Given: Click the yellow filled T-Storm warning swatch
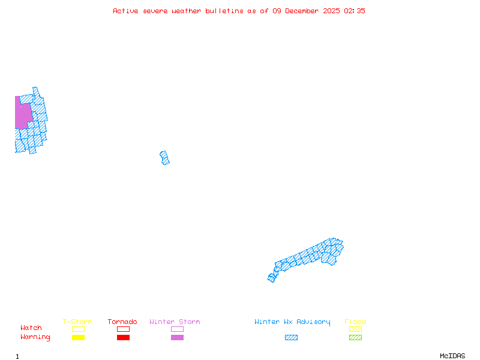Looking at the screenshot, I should pyautogui.click(x=78, y=338).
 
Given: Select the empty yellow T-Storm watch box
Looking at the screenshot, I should pyautogui.click(x=78, y=329).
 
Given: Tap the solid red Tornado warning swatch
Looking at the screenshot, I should pyautogui.click(x=123, y=338).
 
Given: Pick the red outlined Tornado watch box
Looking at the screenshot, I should pyautogui.click(x=123, y=329).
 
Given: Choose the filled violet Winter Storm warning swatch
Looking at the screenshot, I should pyautogui.click(x=177, y=338).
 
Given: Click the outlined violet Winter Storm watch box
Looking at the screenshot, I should pyautogui.click(x=177, y=329).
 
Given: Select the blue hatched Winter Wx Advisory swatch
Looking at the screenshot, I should pyautogui.click(x=291, y=338).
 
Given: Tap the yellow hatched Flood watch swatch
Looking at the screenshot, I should pyautogui.click(x=355, y=329).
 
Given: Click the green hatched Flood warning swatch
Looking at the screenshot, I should pyautogui.click(x=355, y=338).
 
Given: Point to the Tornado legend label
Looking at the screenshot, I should pyautogui.click(x=122, y=322).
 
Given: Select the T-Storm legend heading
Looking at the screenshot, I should pyautogui.click(x=77, y=322).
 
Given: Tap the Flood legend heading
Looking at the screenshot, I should pyautogui.click(x=355, y=322).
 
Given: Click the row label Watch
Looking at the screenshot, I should pyautogui.click(x=31, y=328).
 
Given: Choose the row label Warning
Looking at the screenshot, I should pyautogui.click(x=35, y=337).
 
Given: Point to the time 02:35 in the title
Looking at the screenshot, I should pyautogui.click(x=354, y=11).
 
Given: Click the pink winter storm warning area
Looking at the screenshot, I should pyautogui.click(x=23, y=114).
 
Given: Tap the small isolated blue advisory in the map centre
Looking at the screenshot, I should pyautogui.click(x=164, y=158).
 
